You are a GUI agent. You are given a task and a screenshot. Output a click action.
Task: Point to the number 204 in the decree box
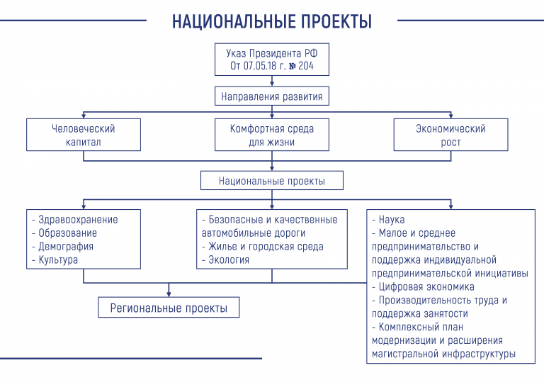point(306,66)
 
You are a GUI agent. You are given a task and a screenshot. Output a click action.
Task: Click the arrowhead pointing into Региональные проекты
point(169,294)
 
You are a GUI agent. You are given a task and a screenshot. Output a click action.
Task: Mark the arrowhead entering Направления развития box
point(272,84)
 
